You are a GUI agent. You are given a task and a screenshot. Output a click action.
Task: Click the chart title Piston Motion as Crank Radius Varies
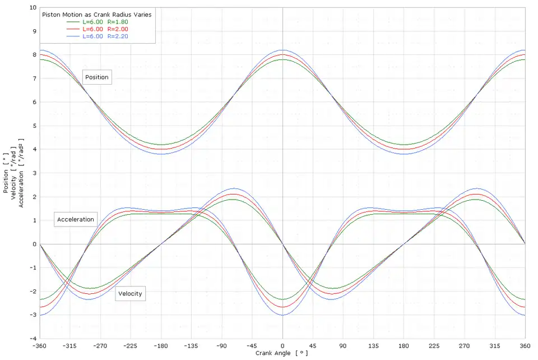point(96,14)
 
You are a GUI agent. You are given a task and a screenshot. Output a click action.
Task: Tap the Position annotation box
point(97,77)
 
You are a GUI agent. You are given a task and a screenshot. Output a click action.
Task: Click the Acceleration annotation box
point(76,219)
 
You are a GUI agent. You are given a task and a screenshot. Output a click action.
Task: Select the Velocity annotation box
point(130,294)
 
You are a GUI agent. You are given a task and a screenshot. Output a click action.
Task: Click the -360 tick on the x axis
point(40,345)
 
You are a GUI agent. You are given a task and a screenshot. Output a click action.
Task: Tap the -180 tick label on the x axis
point(161,345)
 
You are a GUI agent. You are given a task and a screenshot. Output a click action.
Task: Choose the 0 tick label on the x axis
point(282,345)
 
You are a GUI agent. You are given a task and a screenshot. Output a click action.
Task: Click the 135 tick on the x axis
point(373,345)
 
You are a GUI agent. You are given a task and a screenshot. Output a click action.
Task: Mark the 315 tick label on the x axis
point(495,345)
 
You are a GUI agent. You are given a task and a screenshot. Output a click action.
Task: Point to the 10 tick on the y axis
point(33,8)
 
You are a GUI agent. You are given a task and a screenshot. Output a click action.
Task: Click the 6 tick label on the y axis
point(34,102)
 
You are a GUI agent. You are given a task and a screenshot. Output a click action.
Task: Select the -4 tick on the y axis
point(33,338)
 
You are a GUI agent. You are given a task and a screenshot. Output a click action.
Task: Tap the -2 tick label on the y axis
point(33,291)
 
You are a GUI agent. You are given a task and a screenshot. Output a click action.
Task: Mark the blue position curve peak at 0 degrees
point(282,50)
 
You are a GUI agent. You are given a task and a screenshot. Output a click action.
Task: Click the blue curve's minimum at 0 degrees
point(282,315)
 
